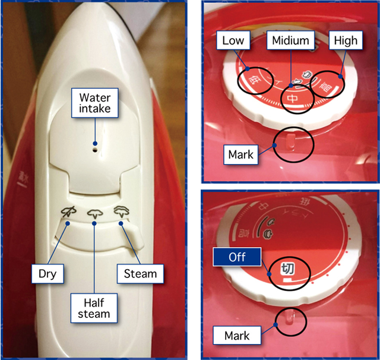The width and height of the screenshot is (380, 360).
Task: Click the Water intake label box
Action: click(95, 103)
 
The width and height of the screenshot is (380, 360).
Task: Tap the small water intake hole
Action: click(95, 150)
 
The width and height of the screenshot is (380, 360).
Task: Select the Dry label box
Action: click(47, 274)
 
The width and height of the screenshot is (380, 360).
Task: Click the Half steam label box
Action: click(94, 308)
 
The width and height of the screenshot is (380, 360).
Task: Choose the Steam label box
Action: click(140, 274)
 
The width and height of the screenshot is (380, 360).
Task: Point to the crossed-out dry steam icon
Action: click(69, 211)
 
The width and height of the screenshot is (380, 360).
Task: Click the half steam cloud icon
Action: click(95, 213)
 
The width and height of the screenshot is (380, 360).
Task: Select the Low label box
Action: click(233, 40)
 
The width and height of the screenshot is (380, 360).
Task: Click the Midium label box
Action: click(290, 40)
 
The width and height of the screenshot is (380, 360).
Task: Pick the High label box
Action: click(346, 40)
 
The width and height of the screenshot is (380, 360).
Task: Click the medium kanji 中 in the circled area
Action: click(293, 98)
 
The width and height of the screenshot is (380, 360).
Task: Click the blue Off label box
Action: click(237, 257)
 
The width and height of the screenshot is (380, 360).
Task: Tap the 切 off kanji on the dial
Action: click(287, 269)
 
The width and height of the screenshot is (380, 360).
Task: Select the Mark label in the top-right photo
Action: click(240, 154)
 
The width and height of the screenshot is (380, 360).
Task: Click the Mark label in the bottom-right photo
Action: click(237, 336)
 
